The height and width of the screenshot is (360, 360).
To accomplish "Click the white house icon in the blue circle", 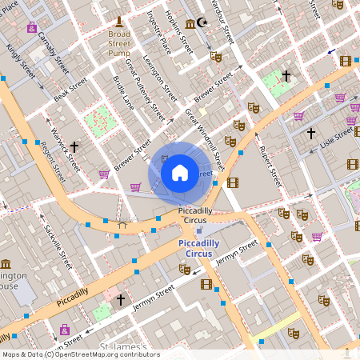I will coord(180,172).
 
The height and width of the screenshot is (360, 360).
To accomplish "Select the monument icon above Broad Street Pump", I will coord(119,20).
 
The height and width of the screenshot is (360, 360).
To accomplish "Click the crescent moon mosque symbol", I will coord(202,23).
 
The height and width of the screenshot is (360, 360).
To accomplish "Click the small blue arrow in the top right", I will coord(331,51).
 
